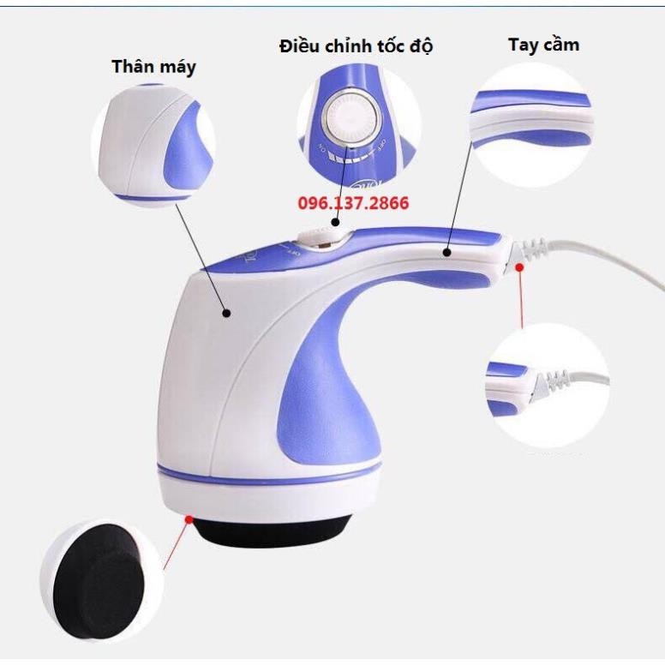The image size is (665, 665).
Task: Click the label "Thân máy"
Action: click(153, 67)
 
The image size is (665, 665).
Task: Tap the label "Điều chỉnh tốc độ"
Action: click(356, 46)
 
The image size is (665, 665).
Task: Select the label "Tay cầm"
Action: click(543, 45)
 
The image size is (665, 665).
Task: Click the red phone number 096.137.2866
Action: click(353, 204)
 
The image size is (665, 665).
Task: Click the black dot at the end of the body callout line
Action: click(227, 314)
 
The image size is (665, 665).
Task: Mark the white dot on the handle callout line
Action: click(447, 252)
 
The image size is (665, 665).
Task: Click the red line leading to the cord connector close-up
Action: click(522, 300)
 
